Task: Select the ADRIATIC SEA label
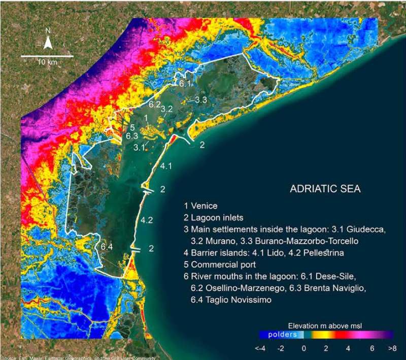325,189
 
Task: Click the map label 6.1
185,84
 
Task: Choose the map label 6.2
155,104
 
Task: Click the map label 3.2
167,109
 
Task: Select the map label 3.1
140,148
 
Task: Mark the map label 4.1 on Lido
166,166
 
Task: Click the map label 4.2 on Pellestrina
147,220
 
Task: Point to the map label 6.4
107,246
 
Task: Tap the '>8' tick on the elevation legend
392,349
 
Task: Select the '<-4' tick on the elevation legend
260,349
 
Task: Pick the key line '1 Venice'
200,206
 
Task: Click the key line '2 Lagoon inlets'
214,218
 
